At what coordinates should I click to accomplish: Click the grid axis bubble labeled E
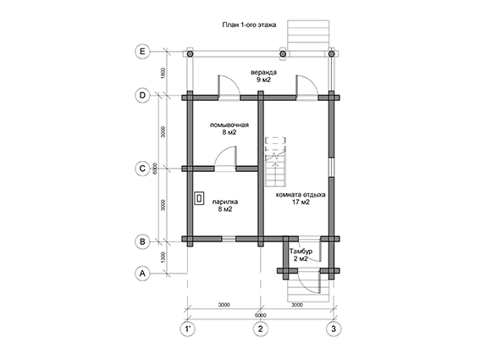[x=142, y=51]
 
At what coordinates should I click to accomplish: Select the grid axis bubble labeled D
[x=142, y=95]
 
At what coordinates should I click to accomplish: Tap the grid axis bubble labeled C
[x=142, y=169]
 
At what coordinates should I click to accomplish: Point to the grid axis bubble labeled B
[x=142, y=241]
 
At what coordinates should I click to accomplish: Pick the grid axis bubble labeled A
[x=142, y=273]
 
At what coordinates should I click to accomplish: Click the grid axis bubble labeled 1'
[x=187, y=329]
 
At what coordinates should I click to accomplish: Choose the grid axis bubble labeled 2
[x=261, y=329]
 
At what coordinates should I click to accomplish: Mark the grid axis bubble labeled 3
[x=334, y=329]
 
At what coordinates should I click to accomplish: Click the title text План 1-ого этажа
[x=249, y=25]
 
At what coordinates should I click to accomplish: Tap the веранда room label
[x=263, y=73]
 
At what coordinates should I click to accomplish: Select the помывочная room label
[x=229, y=125]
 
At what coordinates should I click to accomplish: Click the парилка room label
[x=225, y=202]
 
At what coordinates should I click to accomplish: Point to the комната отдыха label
[x=301, y=195]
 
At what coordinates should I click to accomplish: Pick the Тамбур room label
[x=301, y=252]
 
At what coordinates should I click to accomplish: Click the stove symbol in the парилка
[x=199, y=198]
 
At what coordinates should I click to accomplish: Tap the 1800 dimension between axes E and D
[x=163, y=73]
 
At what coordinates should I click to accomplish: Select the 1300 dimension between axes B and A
[x=163, y=258]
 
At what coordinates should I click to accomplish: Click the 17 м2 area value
[x=301, y=202]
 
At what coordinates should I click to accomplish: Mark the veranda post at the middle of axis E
[x=283, y=54]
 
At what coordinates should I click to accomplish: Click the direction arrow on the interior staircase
[x=276, y=172]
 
